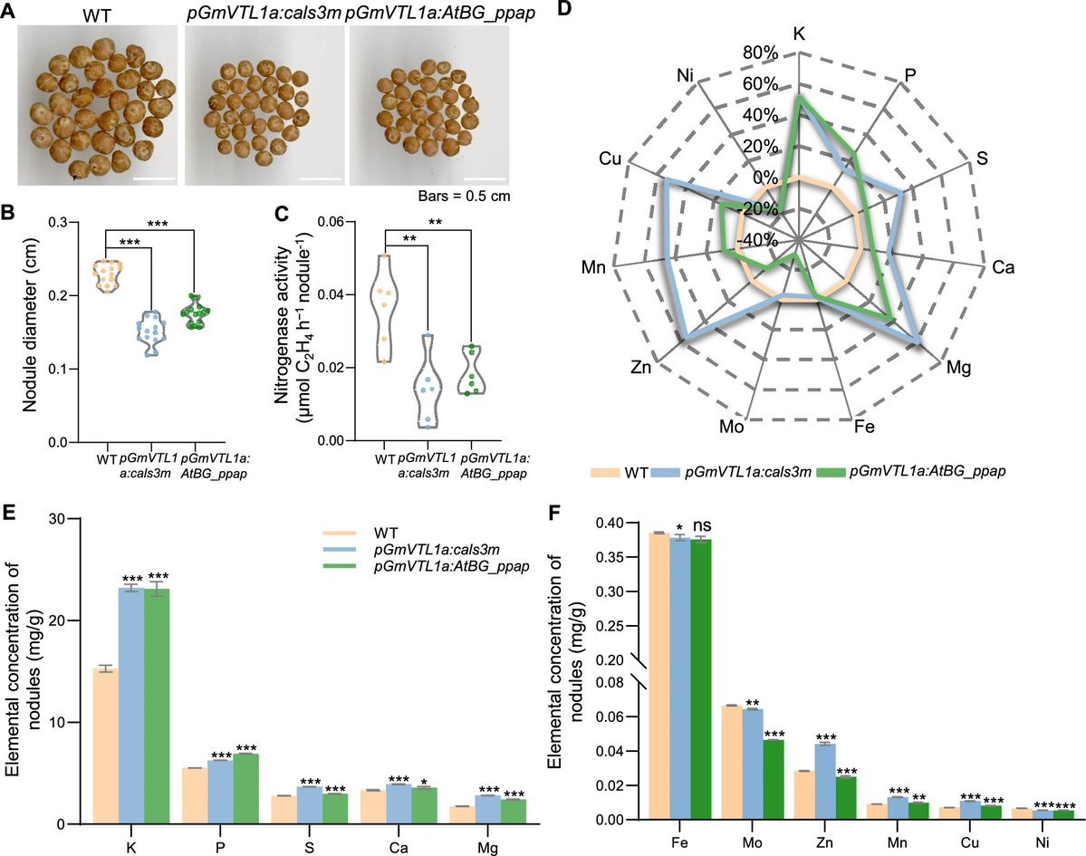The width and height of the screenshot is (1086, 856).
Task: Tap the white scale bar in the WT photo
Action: point(152,178)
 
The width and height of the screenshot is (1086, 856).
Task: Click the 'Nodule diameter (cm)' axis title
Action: point(33,330)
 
